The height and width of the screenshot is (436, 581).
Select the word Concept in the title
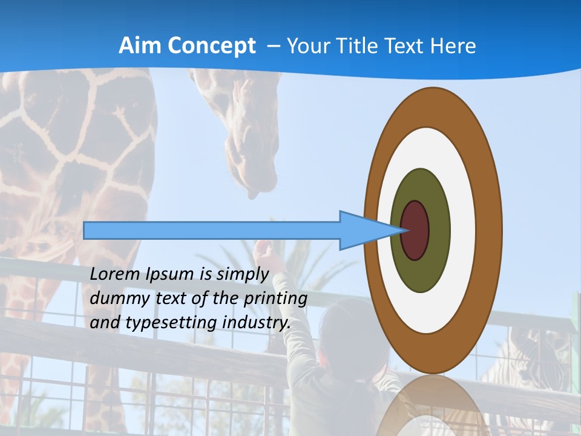[211, 45]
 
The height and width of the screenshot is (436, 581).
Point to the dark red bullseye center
[415, 231]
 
